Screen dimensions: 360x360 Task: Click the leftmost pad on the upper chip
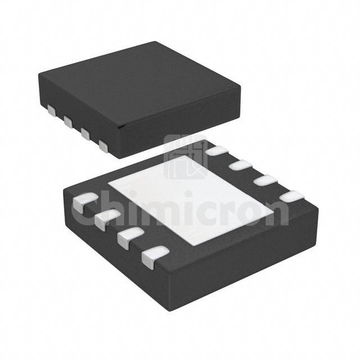52,111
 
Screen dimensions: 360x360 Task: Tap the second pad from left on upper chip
69,121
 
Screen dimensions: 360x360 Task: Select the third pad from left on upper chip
85,133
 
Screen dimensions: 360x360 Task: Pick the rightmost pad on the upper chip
103,146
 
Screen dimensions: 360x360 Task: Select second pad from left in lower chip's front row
106,217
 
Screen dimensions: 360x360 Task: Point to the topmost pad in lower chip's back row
217,151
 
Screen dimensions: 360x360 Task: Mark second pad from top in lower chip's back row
240,165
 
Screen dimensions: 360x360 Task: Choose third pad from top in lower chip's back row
265,181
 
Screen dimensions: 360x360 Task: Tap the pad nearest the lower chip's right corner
292,197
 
